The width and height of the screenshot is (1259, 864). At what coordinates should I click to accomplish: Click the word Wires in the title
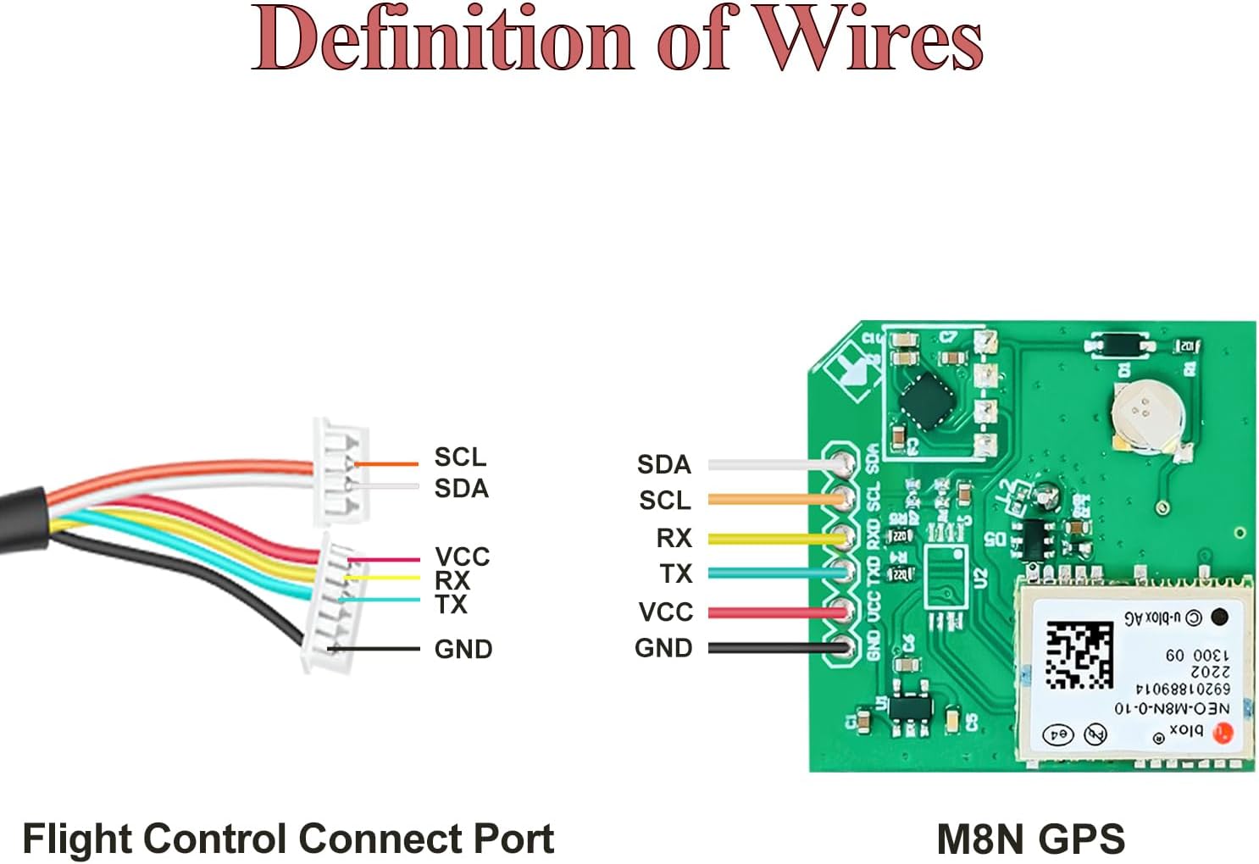tap(868, 39)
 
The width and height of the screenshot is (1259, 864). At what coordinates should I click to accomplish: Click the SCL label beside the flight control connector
tap(460, 457)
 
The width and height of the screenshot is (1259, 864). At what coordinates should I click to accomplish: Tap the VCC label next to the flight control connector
tap(462, 557)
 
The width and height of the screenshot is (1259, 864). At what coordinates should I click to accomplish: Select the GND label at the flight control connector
tap(463, 650)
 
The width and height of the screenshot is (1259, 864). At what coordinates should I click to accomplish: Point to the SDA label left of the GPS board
tap(663, 464)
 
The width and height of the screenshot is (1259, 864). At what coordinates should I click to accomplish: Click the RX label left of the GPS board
tap(674, 538)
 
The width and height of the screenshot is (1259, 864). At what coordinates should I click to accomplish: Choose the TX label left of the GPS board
tap(676, 574)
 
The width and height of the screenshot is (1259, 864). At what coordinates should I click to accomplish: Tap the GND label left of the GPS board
tap(663, 648)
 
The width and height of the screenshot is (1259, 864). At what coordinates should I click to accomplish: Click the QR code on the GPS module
tap(1079, 654)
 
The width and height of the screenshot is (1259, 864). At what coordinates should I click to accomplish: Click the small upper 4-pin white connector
tap(340, 473)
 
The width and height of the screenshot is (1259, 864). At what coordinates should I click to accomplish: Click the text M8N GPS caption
tap(1030, 839)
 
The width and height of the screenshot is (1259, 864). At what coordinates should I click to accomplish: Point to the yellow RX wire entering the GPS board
tap(775, 539)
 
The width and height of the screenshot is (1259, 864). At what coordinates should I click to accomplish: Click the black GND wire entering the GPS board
tap(775, 648)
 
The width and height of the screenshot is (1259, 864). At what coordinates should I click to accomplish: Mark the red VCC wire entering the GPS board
tap(775, 612)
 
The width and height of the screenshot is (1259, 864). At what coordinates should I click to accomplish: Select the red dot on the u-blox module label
tap(1221, 733)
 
